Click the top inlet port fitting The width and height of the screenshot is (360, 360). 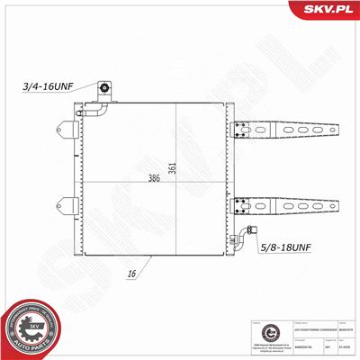tap(104, 89)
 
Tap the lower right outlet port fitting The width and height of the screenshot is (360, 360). tap(238, 238)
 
